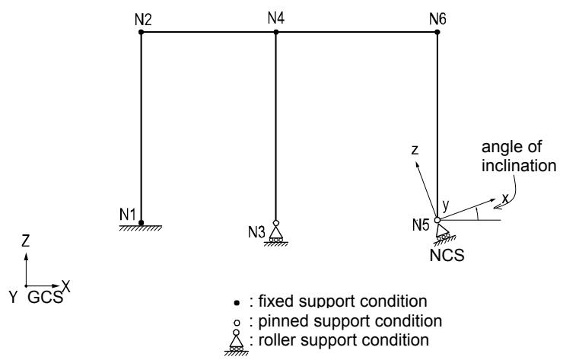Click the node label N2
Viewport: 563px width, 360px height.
tap(143, 19)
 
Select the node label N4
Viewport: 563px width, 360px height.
tap(276, 18)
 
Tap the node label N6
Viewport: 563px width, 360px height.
tap(437, 19)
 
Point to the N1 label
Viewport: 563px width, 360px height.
tap(128, 215)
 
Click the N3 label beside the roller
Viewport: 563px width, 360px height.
tap(256, 232)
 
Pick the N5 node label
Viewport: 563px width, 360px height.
tap(421, 225)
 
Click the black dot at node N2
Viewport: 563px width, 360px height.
tap(141, 32)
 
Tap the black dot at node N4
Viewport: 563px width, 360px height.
tap(275, 32)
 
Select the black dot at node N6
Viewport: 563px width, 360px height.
tap(437, 32)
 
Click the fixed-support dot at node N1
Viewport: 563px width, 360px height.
tap(141, 223)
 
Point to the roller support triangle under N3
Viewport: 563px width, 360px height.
tap(275, 233)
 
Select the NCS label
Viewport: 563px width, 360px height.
tap(447, 256)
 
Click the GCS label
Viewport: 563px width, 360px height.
tap(45, 298)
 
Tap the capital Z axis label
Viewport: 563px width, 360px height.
tap(25, 241)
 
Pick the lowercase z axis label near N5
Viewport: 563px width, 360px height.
tap(415, 150)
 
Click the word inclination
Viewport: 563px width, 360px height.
tap(519, 166)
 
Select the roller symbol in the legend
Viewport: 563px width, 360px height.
tap(236, 342)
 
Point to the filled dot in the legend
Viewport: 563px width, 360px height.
tap(237, 303)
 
